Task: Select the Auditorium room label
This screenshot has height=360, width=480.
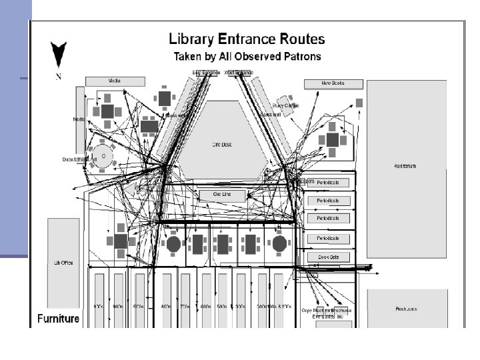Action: pyautogui.click(x=405, y=165)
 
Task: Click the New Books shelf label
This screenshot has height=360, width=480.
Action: pyautogui.click(x=333, y=84)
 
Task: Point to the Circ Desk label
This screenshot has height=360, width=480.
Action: pyautogui.click(x=221, y=144)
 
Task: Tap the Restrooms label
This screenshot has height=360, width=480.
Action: pyautogui.click(x=406, y=309)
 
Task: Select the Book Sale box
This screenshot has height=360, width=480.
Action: pyautogui.click(x=328, y=257)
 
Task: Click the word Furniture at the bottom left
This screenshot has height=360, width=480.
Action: pyautogui.click(x=58, y=319)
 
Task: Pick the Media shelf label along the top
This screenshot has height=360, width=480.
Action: pyautogui.click(x=115, y=81)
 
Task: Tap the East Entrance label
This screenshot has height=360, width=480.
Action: pyautogui.click(x=205, y=72)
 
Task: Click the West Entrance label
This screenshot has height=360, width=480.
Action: pyautogui.click(x=239, y=72)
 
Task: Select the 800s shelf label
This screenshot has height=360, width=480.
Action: pyautogui.click(x=166, y=307)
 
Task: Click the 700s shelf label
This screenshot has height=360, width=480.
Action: pyautogui.click(x=185, y=307)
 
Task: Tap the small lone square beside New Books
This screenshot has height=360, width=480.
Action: pyautogui.click(x=359, y=103)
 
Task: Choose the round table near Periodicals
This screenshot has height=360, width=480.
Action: pyautogui.click(x=279, y=244)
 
